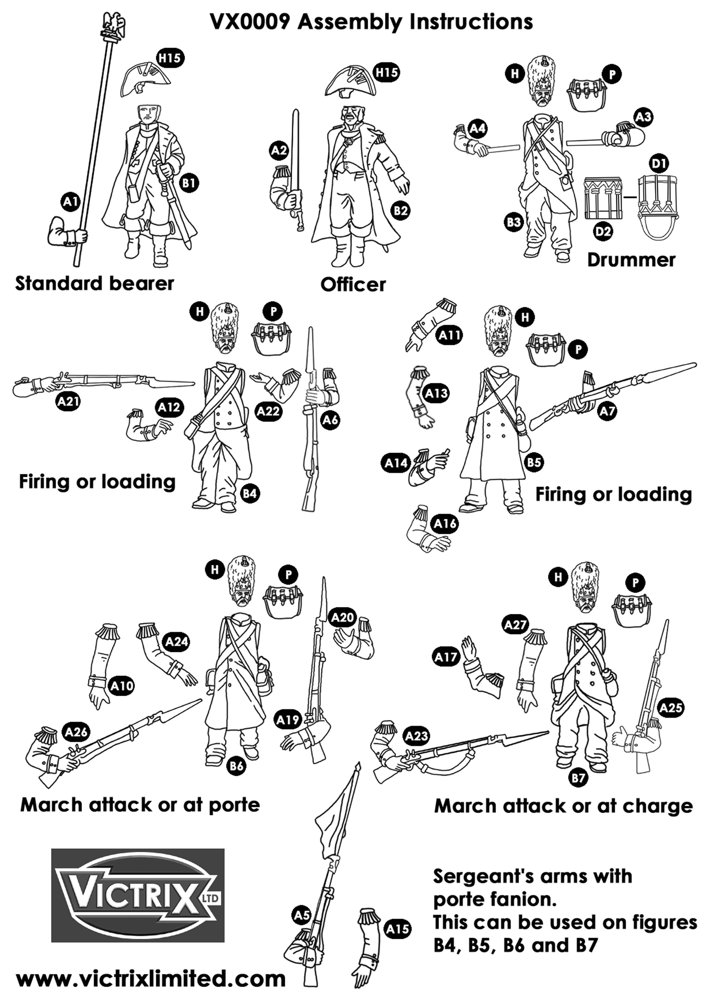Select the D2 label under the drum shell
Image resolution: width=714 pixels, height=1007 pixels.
coord(603,231)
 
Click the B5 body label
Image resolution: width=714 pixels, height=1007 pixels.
coord(534,462)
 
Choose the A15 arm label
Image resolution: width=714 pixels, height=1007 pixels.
coord(397,929)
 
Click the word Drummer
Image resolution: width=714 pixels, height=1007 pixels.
coord(631,260)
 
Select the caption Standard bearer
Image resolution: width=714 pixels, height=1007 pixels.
coord(94,283)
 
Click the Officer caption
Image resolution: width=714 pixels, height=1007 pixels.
coord(353,285)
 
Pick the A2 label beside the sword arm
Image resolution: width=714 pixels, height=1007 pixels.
coord(279,151)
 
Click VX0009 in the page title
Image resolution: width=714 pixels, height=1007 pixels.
coord(250,22)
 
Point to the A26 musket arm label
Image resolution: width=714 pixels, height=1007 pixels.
coord(76,732)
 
